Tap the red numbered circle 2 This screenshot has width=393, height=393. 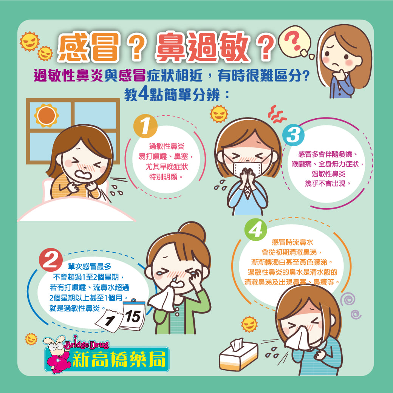pos(51,260)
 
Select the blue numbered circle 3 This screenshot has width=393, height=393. pos(293,135)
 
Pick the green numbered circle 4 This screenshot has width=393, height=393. pos(256,230)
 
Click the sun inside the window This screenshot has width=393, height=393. pos(46,116)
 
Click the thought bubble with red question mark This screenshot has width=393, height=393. pos(294,41)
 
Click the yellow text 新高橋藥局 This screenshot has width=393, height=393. pos(119,359)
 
